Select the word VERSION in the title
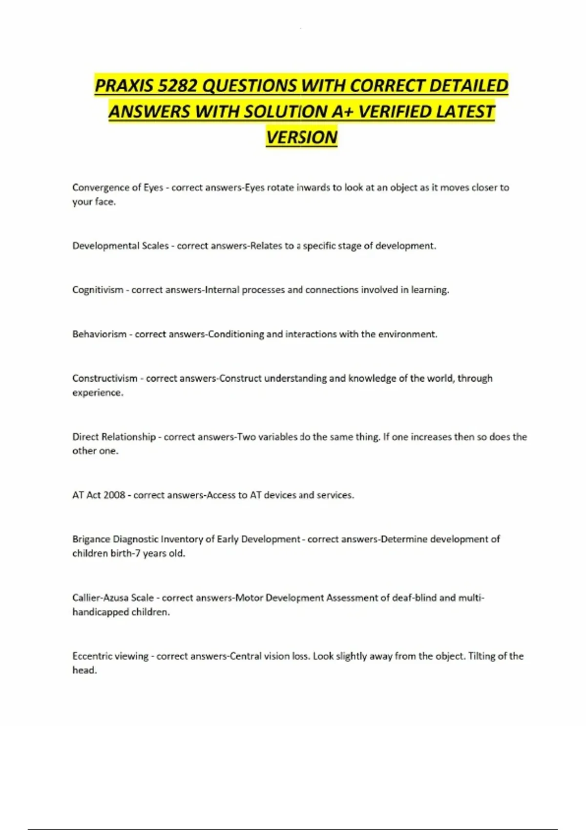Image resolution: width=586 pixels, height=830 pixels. click(302, 137)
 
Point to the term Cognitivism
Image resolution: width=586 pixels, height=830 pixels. click(98, 290)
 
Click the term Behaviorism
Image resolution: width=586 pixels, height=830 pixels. click(99, 334)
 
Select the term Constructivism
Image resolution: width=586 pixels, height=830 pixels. click(105, 378)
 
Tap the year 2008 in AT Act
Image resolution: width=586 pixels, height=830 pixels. click(114, 495)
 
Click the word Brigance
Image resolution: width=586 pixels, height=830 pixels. click(91, 539)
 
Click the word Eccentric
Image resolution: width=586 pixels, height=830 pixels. click(91, 656)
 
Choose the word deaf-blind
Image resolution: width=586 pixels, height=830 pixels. click(414, 598)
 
